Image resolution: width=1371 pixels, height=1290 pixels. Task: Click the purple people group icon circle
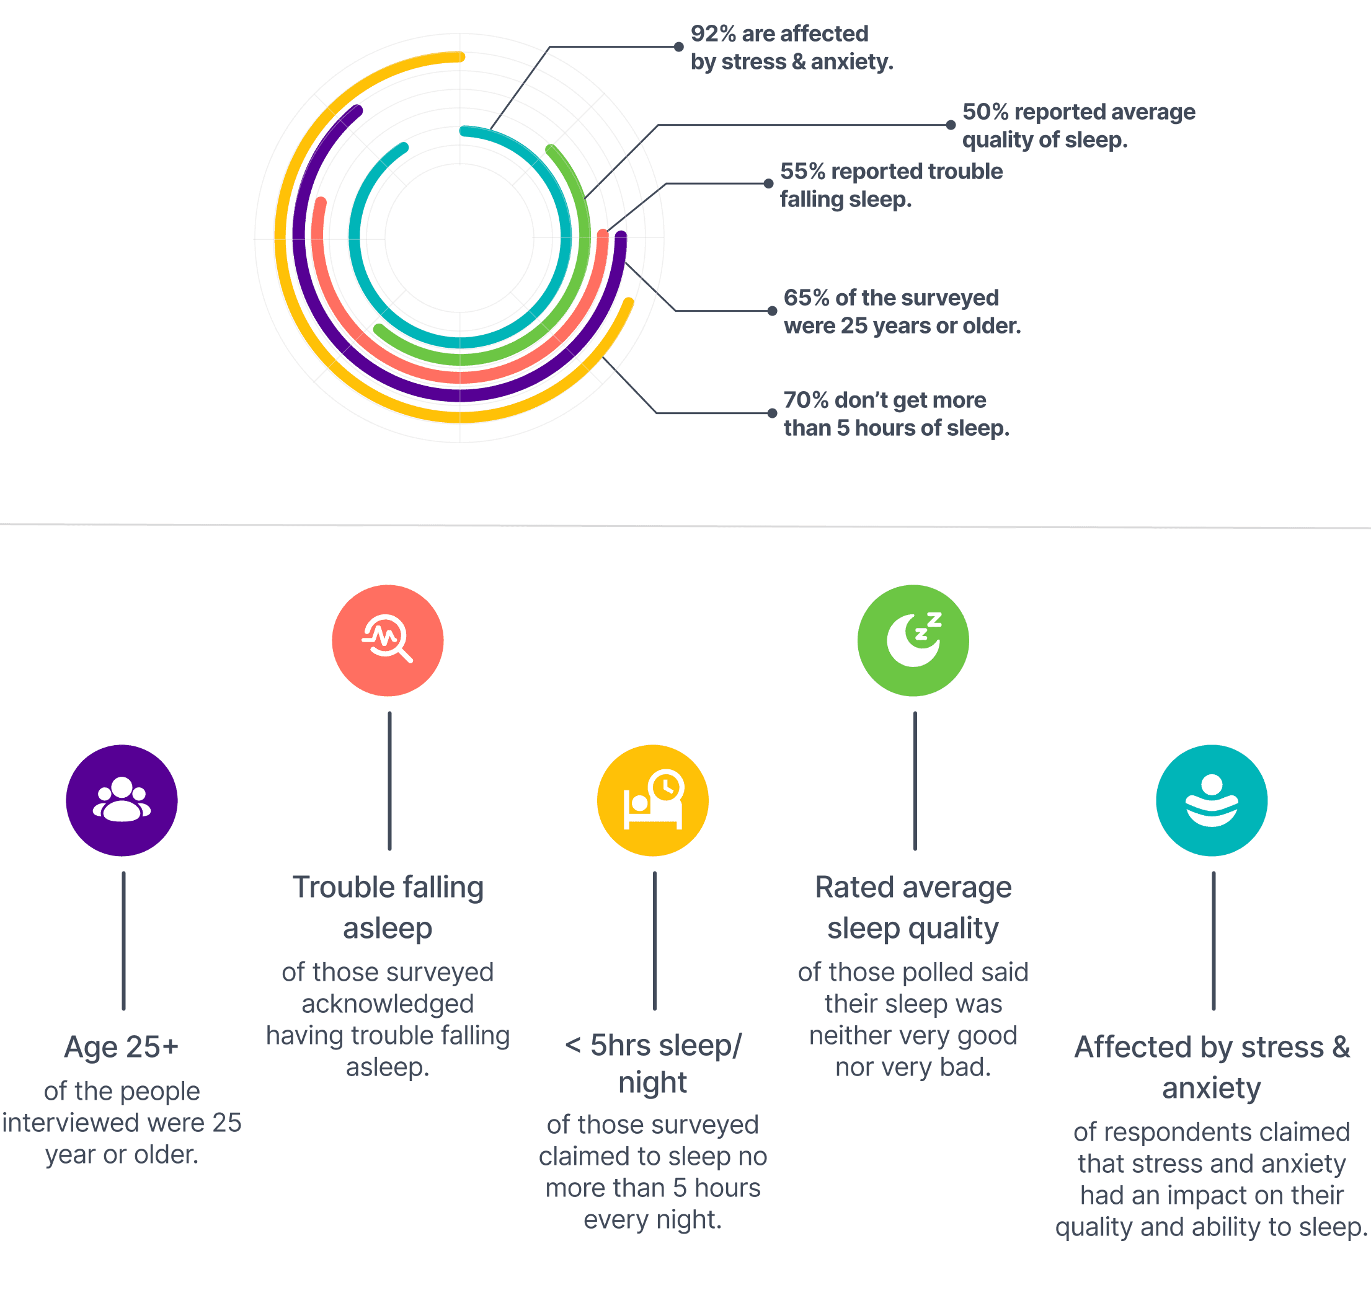pos(122,800)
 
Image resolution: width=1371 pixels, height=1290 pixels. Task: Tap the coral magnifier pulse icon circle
pos(388,640)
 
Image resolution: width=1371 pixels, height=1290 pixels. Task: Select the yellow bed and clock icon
pos(652,800)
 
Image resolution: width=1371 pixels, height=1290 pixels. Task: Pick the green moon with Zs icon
pos(913,640)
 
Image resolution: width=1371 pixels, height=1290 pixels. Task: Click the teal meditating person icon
pos(1212,800)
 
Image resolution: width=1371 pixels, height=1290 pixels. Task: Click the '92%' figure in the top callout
pos(713,33)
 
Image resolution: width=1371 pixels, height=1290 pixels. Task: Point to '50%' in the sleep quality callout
pos(985,112)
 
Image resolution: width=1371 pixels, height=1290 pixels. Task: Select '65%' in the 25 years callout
pos(806,298)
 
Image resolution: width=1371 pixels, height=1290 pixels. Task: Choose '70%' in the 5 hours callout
pos(806,400)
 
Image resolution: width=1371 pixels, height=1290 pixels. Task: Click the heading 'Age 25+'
pos(122,1047)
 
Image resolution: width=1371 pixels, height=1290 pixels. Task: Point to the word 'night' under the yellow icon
pos(652,1082)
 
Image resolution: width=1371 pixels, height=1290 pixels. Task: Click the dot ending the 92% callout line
pos(678,47)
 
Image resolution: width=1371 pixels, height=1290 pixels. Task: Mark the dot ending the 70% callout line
pos(772,413)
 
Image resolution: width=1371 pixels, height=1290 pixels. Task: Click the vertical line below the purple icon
pos(123,941)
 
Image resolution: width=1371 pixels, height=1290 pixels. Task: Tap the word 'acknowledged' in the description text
pos(388,1004)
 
